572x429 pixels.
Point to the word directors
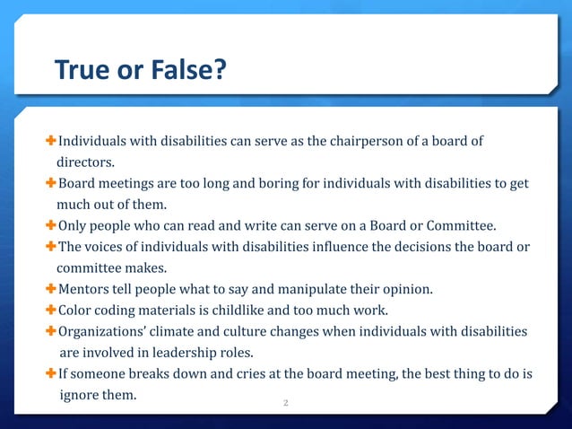tap(86, 163)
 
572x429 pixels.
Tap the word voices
tap(107, 246)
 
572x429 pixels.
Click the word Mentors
tap(85, 289)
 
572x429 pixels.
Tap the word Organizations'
tap(100, 331)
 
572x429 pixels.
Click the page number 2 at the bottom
tap(285, 403)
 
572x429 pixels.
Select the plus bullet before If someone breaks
tap(51, 373)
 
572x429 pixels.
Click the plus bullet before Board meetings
tap(51, 184)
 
